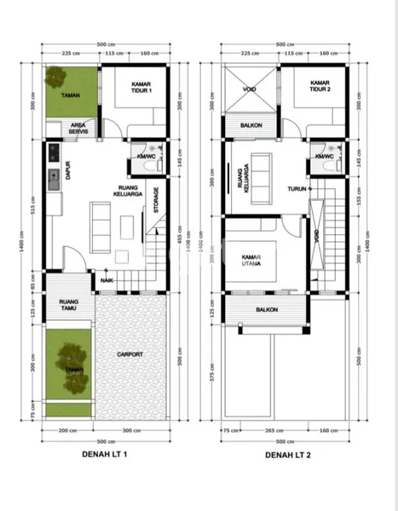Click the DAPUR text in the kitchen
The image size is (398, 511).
pyautogui.click(x=66, y=171)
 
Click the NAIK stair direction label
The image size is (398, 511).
pyautogui.click(x=107, y=279)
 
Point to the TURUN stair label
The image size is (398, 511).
pyautogui.click(x=297, y=188)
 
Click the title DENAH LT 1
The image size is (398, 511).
pyautogui.click(x=101, y=456)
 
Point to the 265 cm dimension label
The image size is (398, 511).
pyautogui.click(x=269, y=431)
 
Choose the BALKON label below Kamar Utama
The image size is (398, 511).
pyautogui.click(x=253, y=323)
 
